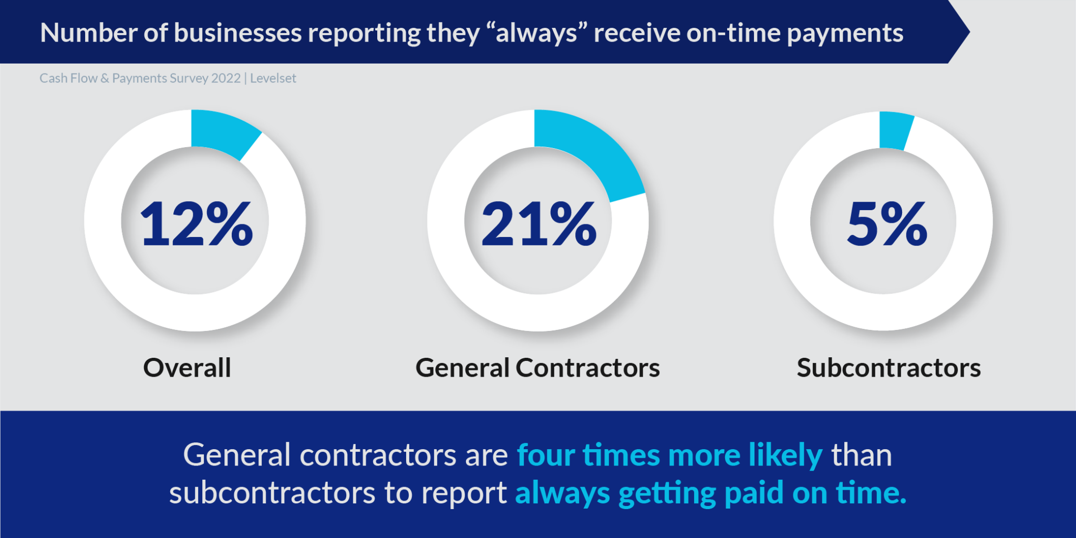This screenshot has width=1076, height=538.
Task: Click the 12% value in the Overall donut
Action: [x=196, y=224]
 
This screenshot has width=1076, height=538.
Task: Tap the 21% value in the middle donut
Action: [x=539, y=224]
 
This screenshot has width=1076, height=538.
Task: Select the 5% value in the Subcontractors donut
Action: [x=887, y=224]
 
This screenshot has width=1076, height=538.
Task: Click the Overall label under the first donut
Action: [x=187, y=368]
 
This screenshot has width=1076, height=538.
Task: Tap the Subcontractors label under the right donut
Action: [x=888, y=368]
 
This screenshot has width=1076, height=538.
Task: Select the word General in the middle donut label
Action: [x=462, y=368]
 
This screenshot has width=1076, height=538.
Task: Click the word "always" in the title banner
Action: [x=536, y=34]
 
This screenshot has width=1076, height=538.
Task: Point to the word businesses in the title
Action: [x=237, y=33]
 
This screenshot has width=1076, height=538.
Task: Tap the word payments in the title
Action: [x=845, y=34]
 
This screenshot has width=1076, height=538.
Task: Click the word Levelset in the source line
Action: [x=273, y=78]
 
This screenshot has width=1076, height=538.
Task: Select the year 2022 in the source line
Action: [x=226, y=78]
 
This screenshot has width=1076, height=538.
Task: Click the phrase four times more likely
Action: [x=669, y=455]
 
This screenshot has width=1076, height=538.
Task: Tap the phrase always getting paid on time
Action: [x=710, y=493]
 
